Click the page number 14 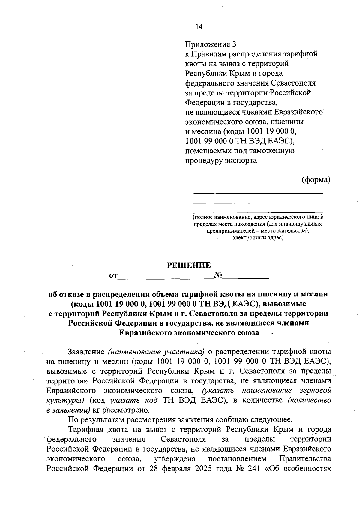199,27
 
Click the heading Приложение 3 211,44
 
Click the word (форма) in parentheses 316,179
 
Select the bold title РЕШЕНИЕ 189,265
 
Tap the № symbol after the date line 218,275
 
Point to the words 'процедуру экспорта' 221,160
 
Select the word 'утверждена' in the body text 175,459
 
